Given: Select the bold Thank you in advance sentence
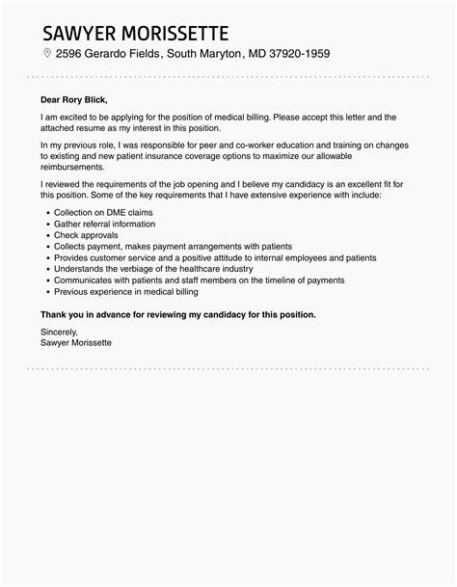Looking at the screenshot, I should (x=178, y=314).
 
